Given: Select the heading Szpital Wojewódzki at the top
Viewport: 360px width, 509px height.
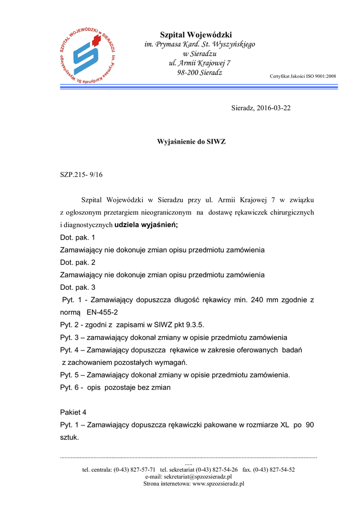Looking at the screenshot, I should click(196, 35).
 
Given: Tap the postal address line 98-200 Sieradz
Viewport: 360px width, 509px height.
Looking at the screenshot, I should click(199, 73).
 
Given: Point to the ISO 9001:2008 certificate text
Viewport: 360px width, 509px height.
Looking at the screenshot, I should click(303, 76).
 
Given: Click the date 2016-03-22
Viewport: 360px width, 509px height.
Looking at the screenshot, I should click(273, 108).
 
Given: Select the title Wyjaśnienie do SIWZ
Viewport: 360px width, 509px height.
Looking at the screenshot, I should click(191, 142).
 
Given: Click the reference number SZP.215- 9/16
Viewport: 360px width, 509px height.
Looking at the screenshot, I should click(81, 174).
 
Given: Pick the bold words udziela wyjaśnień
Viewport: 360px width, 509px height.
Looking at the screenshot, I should click(146, 225).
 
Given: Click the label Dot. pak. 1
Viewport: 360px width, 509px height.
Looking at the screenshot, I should click(78, 238).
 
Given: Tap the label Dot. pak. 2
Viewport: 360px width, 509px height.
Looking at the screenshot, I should click(78, 262).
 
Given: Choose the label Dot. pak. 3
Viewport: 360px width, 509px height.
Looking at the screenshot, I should click(78, 287).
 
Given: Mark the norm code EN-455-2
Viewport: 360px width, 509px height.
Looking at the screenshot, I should click(102, 313).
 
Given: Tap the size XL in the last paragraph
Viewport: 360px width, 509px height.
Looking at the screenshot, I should click(284, 425).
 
